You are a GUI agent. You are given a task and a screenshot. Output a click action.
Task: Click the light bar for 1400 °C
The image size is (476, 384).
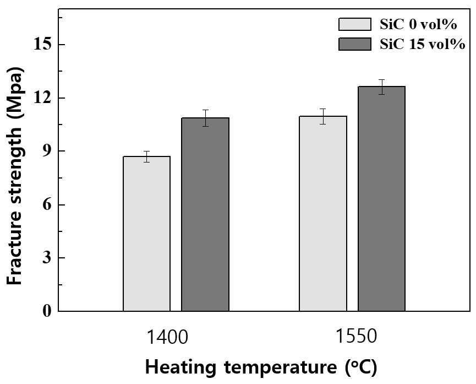146,234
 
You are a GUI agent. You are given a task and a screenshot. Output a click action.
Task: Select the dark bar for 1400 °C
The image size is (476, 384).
205,214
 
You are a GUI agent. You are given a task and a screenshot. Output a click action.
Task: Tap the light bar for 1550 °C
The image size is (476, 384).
323,213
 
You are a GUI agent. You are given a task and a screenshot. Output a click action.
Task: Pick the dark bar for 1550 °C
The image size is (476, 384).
381,198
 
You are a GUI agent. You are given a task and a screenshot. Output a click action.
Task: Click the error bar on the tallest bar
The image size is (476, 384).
381,87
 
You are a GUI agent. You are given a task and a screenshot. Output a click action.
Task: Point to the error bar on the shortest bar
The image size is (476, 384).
146,156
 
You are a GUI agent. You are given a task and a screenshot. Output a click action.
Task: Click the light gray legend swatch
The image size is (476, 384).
355,24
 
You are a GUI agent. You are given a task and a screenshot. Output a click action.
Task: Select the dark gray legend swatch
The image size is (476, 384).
355,44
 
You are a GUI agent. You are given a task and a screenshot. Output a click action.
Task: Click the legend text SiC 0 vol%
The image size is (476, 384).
418,24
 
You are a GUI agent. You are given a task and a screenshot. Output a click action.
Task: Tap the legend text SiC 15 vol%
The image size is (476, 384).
422,45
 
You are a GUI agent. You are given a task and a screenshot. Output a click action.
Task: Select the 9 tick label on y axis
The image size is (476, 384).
47,151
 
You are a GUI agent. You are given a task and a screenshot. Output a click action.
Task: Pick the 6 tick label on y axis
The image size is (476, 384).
47,204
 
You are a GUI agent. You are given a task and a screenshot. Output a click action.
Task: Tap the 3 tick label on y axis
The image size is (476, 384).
47,258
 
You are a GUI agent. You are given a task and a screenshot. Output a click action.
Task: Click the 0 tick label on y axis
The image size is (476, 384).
47,311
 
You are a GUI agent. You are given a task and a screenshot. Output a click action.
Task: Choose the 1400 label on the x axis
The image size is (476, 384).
167,337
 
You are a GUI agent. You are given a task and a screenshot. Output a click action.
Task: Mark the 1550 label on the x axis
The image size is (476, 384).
356,336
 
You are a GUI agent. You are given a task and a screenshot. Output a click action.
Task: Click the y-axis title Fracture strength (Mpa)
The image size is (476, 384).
14,176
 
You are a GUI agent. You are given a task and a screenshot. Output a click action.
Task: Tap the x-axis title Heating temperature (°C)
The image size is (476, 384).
261,367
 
